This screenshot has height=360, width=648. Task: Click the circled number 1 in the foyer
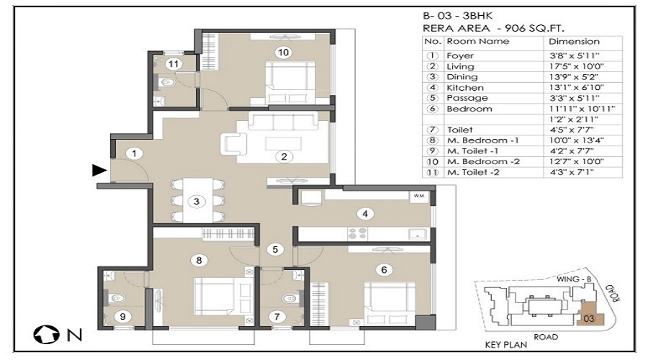pos(134,154)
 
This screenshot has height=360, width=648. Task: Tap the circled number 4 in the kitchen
pos(365,214)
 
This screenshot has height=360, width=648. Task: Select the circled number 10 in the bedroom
pos(283,52)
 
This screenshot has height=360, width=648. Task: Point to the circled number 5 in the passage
pos(275,249)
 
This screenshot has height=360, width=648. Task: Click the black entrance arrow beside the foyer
pos(99,170)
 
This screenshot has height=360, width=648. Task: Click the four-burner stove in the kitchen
pos(357,233)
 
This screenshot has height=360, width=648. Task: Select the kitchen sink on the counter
pos(418,233)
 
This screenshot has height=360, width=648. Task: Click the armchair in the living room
pos(234,144)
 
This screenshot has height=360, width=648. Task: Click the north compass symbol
pos(46,334)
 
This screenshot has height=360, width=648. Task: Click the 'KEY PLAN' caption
pos(506,344)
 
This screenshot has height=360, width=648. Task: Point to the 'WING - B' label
pos(574,279)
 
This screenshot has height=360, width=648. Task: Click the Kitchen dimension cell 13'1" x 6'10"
pos(576,88)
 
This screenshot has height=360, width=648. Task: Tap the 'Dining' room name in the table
pos(462,77)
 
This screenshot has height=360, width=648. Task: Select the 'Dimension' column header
pos(574,41)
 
